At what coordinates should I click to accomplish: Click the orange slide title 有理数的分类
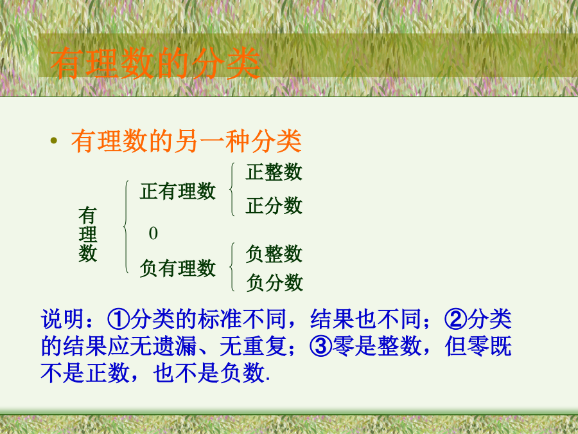point(155,63)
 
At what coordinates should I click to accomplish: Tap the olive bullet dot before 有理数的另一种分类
point(54,140)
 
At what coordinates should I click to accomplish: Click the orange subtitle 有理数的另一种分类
point(186,141)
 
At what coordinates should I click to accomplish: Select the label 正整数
point(274,172)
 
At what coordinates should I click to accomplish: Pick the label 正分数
point(274,206)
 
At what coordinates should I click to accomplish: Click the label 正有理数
point(177,191)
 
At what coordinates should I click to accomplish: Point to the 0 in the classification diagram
point(153,233)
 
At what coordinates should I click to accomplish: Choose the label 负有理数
point(177,267)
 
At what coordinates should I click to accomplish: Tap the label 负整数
point(274,254)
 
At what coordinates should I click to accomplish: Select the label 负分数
point(275,282)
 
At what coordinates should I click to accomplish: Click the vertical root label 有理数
point(88,234)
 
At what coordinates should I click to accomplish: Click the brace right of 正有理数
point(231,189)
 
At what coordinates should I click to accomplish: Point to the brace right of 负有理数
point(231,266)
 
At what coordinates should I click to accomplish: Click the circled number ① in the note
point(118,319)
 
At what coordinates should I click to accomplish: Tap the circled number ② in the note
point(455,319)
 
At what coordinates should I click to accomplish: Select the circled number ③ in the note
point(320,347)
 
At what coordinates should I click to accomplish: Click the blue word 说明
point(63,319)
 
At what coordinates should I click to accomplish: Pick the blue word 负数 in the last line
point(242,373)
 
